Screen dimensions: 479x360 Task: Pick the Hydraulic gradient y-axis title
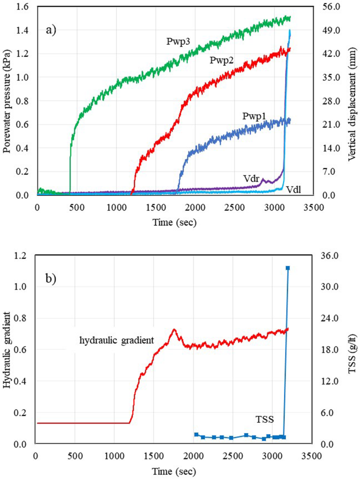[x=7, y=349]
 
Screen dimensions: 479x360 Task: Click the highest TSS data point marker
[x=287, y=268]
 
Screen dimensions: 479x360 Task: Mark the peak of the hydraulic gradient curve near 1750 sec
[x=173, y=330]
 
